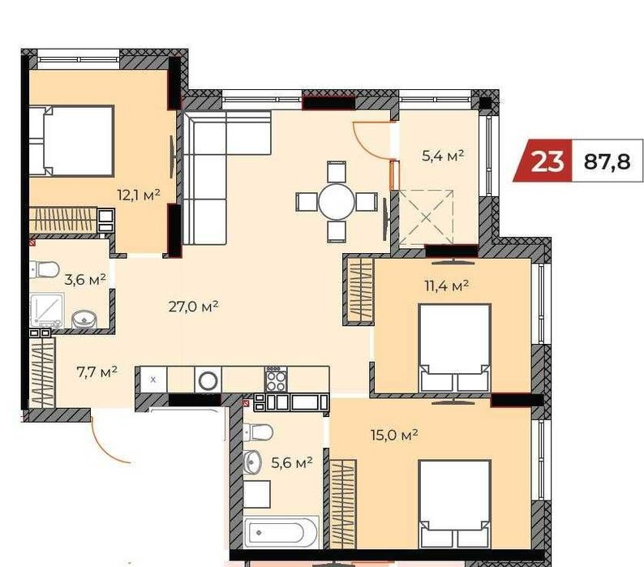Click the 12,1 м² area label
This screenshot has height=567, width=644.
tap(139, 195)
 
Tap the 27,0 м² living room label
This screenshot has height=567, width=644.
tap(193, 307)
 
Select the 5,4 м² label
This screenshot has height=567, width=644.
tap(443, 156)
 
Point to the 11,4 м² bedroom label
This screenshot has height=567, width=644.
tap(446, 286)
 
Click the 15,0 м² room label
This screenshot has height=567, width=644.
tap(394, 434)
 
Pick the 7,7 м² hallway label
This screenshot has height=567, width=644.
tap(97, 372)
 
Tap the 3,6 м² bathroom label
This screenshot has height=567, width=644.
tap(85, 280)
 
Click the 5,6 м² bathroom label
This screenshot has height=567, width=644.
tap(292, 463)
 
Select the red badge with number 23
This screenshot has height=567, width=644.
tap(543, 161)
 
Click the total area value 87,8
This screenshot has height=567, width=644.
tap(607, 161)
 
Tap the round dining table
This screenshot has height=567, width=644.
tap(337, 202)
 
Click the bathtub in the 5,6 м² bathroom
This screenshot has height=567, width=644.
tap(281, 532)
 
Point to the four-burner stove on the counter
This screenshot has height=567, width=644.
tap(276, 379)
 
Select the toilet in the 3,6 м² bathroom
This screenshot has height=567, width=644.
tap(44, 269)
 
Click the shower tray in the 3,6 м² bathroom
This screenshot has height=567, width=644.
tap(47, 310)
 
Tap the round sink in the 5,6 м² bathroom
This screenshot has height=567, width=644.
tap(252, 462)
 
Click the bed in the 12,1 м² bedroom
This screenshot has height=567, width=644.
tap(71, 141)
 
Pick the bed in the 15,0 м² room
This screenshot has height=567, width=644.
tap(455, 505)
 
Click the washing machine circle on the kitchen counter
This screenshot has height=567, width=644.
tap(208, 380)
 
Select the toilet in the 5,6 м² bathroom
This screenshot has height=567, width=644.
tap(259, 432)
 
